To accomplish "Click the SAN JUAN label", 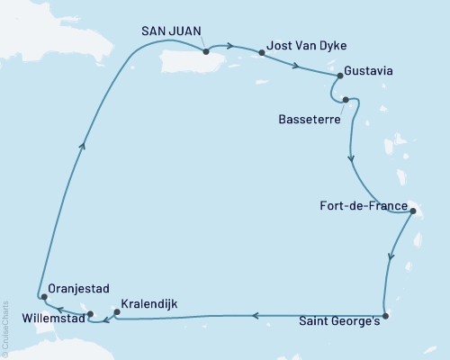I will pyautogui.click(x=170, y=30).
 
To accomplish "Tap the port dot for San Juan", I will pyautogui.click(x=206, y=51).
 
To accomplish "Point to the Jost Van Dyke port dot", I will pyautogui.click(x=262, y=53).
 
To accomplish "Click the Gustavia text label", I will pyautogui.click(x=369, y=68).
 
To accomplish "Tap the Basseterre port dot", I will pyautogui.click(x=346, y=101).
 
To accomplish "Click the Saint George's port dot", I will pyautogui.click(x=385, y=316).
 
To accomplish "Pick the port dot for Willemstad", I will pyautogui.click(x=91, y=314).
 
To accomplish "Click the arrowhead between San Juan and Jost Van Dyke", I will pyautogui.click(x=231, y=46).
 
